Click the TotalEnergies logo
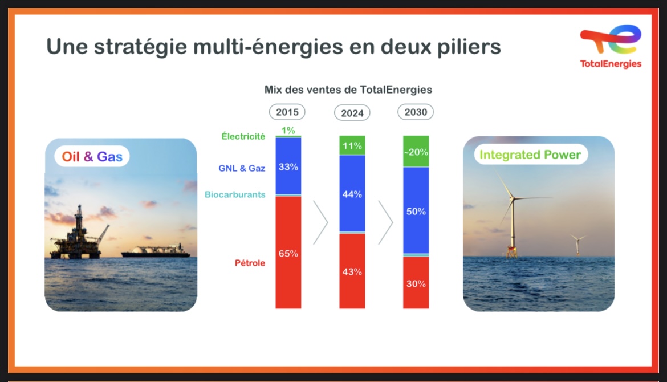pos(611,46)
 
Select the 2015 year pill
pos(287,112)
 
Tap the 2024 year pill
pos(352,113)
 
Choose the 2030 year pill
pos(416,112)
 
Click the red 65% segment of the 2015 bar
pos(288,252)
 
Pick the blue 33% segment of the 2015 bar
pos(288,166)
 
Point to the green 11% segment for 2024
pos(352,145)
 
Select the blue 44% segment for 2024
pos(352,193)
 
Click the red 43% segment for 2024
pos(352,271)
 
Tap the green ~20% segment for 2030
pos(416,152)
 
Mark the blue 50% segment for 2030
pos(416,210)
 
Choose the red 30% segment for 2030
pos(416,282)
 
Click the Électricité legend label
pos(243,136)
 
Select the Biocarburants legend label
pos(235,194)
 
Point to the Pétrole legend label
pos(250,263)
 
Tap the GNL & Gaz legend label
pos(242,168)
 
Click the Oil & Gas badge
pos(92,157)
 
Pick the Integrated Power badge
pos(530,155)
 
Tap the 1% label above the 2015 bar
pos(288,130)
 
